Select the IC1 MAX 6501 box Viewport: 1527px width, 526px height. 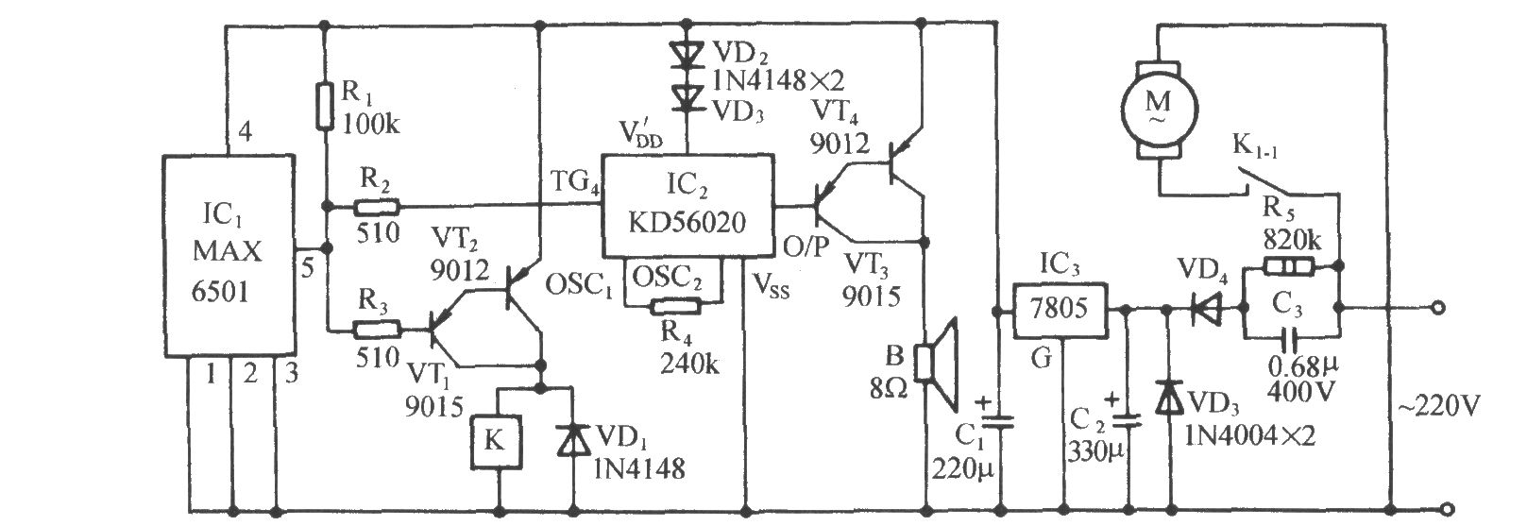[x=229, y=255]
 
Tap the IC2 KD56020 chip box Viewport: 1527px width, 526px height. [x=687, y=206]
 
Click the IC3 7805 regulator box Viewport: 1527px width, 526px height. [x=1059, y=311]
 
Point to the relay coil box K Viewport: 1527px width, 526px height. [x=496, y=441]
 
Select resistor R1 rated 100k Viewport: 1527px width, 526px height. [x=325, y=106]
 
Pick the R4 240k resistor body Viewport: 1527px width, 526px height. [x=676, y=307]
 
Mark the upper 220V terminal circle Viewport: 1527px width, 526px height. [x=1437, y=308]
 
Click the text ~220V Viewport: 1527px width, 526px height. [x=1438, y=407]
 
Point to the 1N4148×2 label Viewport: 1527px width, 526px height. [x=778, y=81]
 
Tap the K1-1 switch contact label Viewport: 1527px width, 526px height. [x=1255, y=147]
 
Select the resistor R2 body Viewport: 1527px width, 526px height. [x=376, y=206]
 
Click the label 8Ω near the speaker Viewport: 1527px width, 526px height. [x=888, y=388]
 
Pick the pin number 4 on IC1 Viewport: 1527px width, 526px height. [x=245, y=131]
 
